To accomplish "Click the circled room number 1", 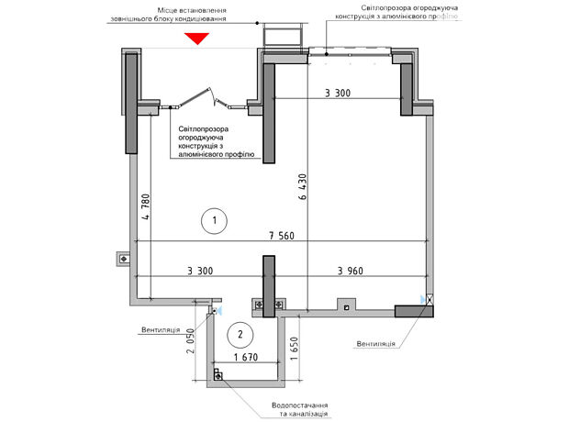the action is tap(214, 220).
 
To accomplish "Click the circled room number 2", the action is tap(240, 334).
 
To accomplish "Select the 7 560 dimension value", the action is tap(282, 236).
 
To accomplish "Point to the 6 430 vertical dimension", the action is tap(303, 187).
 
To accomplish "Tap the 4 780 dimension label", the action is tap(145, 206).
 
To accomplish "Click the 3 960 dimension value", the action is tap(351, 271).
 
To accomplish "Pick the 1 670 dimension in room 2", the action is tap(246, 358).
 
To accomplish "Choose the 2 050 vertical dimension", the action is tap(190, 340).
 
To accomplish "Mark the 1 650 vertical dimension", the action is tap(294, 349).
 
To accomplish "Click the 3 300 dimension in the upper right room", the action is tap(338, 94).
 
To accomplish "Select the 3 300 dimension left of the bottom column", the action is tap(200, 271).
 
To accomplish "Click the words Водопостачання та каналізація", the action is tap(300, 409).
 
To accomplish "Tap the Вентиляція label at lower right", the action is tap(375, 344).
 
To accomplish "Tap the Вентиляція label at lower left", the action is tap(161, 330).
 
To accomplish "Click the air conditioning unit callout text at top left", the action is tap(168, 15).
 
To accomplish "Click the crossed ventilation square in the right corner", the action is tap(430, 299).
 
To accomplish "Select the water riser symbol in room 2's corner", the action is tap(218, 375).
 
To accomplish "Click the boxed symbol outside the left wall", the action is tap(124, 259).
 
